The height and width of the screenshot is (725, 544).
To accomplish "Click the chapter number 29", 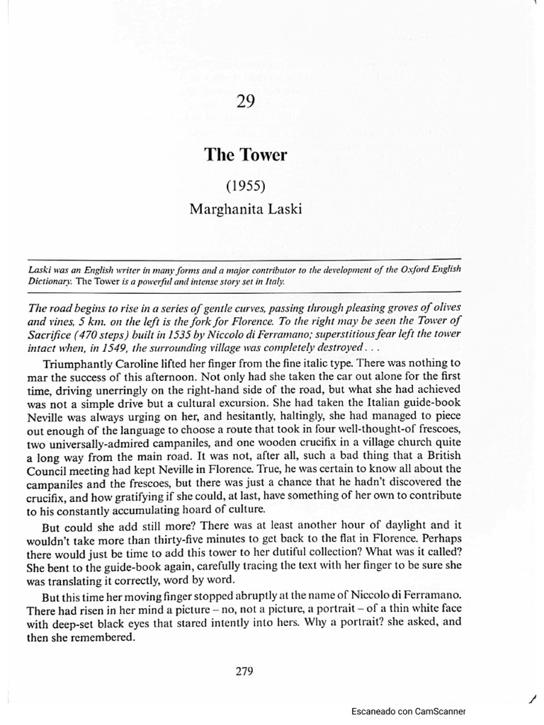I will tap(246, 102).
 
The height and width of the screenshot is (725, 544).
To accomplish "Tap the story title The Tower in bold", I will tap(246, 154).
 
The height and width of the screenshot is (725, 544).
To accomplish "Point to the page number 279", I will tap(245, 672).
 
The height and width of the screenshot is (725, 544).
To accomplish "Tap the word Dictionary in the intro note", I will tap(47, 281).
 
